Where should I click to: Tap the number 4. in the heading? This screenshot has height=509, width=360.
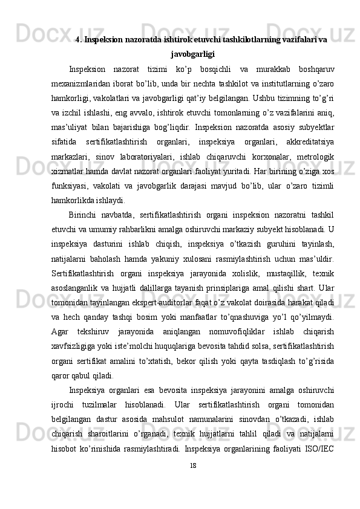point(78,40)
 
